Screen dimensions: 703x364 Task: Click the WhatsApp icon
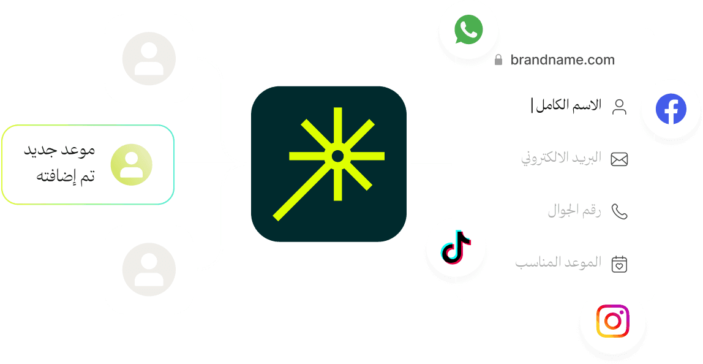pos(468,30)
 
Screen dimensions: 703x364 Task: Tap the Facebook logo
pos(671,110)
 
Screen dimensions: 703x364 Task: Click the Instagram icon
pos(613,321)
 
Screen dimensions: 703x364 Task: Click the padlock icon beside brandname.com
pos(498,60)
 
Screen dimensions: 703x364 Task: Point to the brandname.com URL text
pos(562,60)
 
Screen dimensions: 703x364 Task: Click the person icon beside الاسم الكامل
pos(620,107)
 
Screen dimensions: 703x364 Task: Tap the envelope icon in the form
pos(620,159)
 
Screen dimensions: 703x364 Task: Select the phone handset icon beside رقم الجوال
pos(620,212)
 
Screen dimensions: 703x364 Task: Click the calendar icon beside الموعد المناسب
pos(620,264)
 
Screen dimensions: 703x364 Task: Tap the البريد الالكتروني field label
pos(562,159)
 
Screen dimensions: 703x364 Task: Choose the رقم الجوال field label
pos(574,211)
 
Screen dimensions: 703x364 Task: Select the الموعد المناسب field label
pos(558,264)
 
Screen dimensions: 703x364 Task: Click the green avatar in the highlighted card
pos(131,165)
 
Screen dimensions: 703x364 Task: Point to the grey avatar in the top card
pos(149,59)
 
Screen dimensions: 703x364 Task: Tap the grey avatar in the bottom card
pos(149,269)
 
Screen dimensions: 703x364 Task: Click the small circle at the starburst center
pos(337,157)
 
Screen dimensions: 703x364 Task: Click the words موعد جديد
pos(59,150)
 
